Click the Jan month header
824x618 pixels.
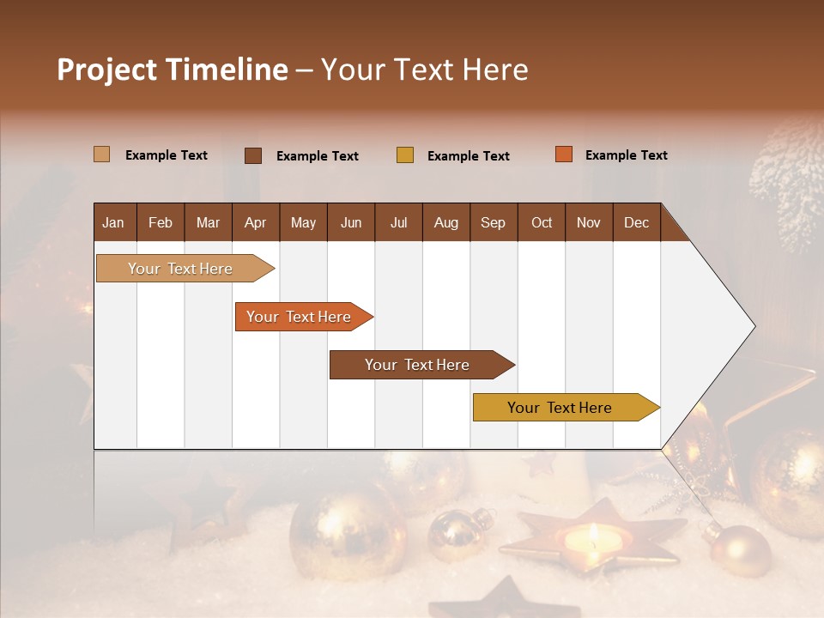[x=113, y=223]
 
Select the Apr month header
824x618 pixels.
[x=256, y=223]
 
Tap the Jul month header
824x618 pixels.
[x=398, y=223]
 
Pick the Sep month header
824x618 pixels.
[x=493, y=223]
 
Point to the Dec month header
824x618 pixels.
[x=636, y=223]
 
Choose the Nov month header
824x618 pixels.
[x=588, y=223]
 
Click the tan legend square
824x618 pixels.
[x=101, y=154]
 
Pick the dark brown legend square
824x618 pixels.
[x=253, y=155]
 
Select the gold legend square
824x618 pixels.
[x=405, y=155]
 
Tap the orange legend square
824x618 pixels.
[x=563, y=154]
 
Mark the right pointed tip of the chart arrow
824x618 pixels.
[x=754, y=326]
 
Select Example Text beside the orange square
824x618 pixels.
[x=626, y=155]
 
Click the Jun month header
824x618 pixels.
[x=351, y=223]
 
